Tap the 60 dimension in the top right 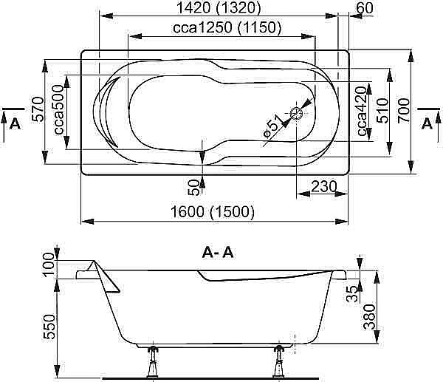pos(362,8)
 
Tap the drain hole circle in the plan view pos(297,114)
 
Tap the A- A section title pos(218,253)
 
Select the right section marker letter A pos(426,123)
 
